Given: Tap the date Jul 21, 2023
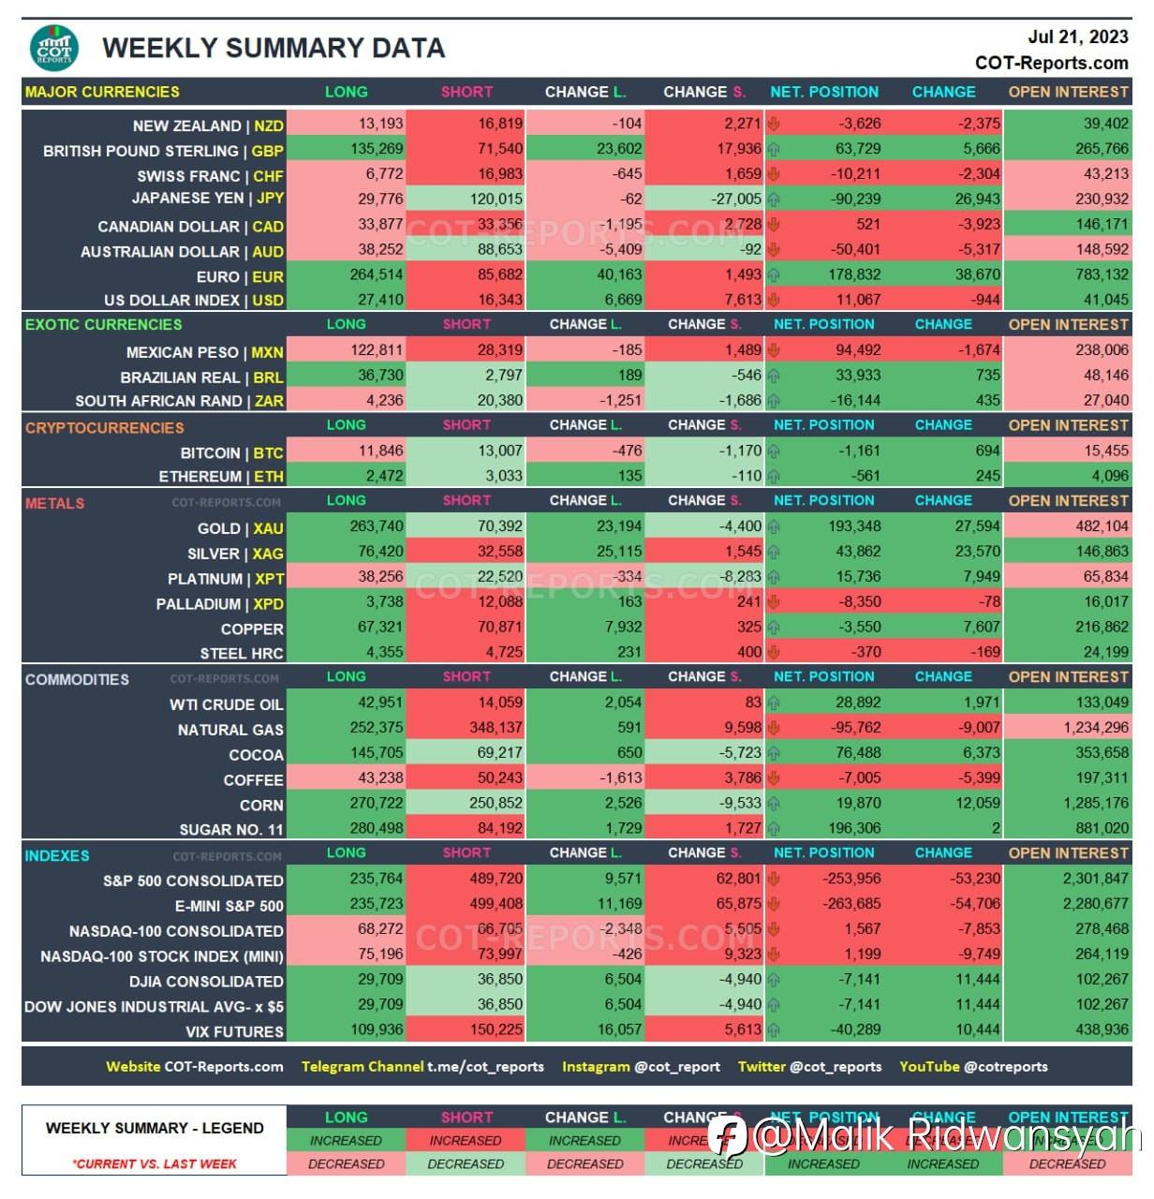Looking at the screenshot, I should [x=1077, y=37].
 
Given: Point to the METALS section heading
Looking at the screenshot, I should [x=54, y=503].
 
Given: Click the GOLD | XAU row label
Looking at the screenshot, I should [x=240, y=529].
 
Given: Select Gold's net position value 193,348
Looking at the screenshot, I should [x=854, y=526].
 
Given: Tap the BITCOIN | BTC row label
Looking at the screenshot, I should [x=231, y=453].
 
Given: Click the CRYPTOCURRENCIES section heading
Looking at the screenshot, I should [x=104, y=428].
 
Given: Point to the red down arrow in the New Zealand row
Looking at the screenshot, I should [x=774, y=123].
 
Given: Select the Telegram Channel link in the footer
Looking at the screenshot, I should [x=422, y=1067].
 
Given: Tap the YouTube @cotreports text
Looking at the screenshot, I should [x=973, y=1067].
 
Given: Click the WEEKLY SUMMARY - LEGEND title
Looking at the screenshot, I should [x=155, y=1129].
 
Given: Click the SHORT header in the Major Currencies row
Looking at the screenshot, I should [x=466, y=92].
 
